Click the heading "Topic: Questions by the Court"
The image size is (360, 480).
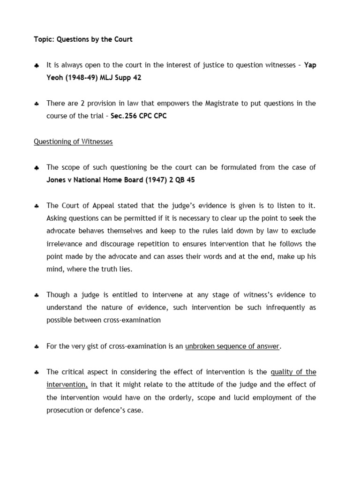83,39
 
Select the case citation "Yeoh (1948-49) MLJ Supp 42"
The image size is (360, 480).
94,78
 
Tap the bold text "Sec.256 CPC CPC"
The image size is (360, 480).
138,116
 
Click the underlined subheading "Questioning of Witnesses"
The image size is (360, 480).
73,142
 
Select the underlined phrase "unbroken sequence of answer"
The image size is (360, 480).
232,346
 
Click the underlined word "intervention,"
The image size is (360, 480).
67,385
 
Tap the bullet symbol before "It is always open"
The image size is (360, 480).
37,66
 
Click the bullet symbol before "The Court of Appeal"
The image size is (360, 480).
37,206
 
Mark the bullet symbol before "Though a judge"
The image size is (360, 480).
37,295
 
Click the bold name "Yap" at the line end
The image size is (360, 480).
310,65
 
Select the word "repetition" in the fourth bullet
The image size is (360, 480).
150,244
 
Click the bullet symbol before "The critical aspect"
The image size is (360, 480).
37,372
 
